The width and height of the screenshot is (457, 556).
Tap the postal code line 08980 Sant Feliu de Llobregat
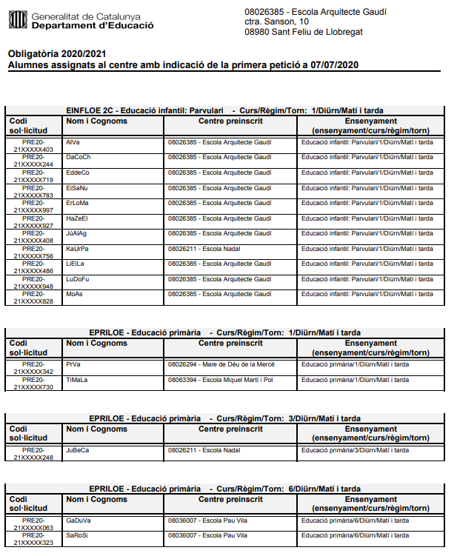(x=303, y=32)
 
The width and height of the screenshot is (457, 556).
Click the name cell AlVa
(x=73, y=141)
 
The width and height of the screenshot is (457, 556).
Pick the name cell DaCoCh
(x=78, y=157)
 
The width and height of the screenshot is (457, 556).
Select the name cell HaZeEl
(x=77, y=218)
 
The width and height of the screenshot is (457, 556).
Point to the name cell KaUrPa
(x=77, y=249)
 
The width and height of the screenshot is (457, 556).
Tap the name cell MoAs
(x=75, y=294)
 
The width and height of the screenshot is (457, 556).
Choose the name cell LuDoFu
(x=77, y=279)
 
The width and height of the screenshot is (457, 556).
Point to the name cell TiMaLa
(x=76, y=380)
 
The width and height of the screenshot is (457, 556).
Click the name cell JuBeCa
(x=78, y=450)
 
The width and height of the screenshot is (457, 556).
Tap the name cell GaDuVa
(x=78, y=520)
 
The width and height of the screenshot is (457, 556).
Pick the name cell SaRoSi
(x=76, y=535)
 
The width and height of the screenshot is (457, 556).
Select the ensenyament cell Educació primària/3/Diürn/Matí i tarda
(x=355, y=450)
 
